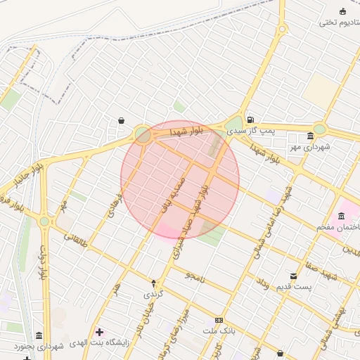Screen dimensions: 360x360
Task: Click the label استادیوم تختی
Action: pos(335,22)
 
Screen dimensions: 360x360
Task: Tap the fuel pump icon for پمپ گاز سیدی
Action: pos(250,119)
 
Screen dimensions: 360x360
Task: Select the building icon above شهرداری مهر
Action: pos(310,136)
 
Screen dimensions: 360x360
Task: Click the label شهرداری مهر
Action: pos(310,148)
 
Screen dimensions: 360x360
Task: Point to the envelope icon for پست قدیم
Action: pos(293,276)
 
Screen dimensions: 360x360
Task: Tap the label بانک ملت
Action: pos(218,330)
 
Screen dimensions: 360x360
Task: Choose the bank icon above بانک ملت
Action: pos(218,320)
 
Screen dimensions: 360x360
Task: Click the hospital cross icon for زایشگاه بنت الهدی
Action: pos(99,332)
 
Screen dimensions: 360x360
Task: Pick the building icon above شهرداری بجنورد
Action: pos(39,335)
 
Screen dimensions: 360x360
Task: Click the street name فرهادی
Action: pos(112,203)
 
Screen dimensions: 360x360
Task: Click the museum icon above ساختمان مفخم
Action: pos(342,215)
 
